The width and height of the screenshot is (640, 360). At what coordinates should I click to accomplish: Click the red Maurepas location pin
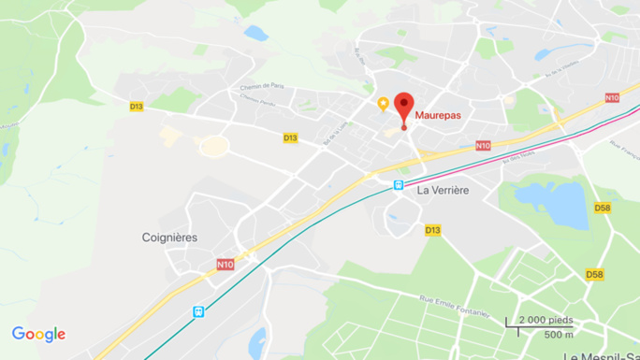(x=404, y=106)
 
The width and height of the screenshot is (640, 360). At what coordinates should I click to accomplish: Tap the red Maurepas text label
(x=438, y=115)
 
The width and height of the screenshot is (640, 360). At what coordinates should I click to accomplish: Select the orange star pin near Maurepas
(x=383, y=104)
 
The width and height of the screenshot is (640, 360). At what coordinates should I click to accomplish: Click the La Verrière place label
(x=443, y=189)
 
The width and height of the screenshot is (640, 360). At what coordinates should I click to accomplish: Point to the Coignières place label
(x=169, y=238)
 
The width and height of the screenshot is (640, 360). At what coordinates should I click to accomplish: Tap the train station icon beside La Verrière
(x=399, y=185)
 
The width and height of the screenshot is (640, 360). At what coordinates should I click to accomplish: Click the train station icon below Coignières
(x=197, y=311)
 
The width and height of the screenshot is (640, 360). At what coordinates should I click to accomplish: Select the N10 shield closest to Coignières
(x=225, y=265)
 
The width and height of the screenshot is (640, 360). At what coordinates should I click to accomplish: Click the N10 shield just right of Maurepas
(x=483, y=145)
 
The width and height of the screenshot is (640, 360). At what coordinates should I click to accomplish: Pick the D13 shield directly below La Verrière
(x=432, y=230)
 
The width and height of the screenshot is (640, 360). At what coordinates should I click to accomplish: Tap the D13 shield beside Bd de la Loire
(x=290, y=138)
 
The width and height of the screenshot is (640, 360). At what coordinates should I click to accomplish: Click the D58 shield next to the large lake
(x=604, y=208)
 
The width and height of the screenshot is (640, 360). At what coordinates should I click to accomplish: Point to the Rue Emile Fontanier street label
(x=455, y=306)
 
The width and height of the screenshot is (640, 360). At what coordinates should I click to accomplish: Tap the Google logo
(x=38, y=334)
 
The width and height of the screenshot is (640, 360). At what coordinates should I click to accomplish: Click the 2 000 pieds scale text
(x=545, y=320)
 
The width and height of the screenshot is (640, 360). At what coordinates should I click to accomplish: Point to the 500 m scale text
(x=559, y=335)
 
